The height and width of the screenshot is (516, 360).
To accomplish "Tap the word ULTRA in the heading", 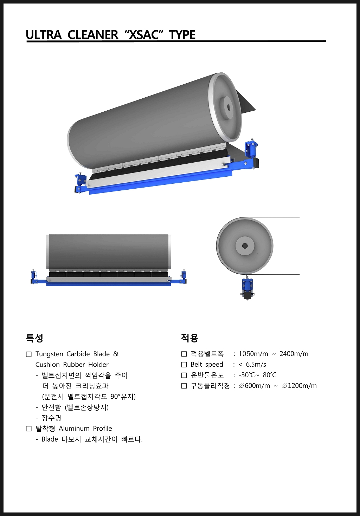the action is (44, 35).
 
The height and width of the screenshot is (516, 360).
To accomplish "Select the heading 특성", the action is (34, 338).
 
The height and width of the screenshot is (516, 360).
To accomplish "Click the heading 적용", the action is (189, 338).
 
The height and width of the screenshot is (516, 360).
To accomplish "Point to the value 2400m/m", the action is (294, 354).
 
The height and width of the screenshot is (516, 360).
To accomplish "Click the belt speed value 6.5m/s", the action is (256, 364).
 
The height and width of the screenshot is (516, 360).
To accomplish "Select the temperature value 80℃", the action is (270, 375).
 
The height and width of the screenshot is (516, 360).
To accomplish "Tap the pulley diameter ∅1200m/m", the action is (299, 386).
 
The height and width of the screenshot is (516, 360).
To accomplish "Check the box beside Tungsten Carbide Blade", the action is (29, 354).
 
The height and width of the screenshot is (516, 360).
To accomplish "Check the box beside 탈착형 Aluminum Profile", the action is (29, 429).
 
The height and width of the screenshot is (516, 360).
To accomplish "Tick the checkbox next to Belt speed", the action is (184, 365).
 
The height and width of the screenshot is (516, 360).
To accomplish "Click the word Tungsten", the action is (49, 354).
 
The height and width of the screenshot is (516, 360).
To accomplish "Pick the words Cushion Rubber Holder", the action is (72, 365).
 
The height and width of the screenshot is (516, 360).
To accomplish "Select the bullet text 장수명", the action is (51, 418).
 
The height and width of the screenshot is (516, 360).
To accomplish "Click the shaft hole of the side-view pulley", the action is (245, 246).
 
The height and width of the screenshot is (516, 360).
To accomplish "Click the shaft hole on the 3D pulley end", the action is (229, 107).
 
